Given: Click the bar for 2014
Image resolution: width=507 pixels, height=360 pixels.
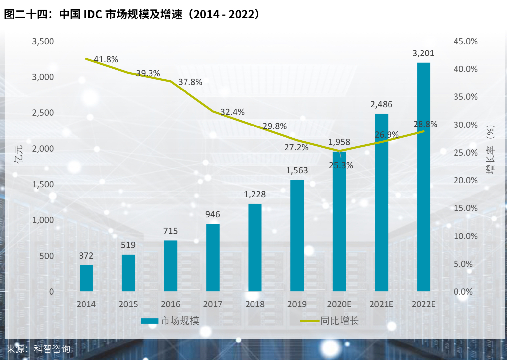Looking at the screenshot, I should click(86, 278).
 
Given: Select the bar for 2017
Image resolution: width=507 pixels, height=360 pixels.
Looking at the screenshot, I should click(213, 258).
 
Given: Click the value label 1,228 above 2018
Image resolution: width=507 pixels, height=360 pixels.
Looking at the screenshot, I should click(255, 194).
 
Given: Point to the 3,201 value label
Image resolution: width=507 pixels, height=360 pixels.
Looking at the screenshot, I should click(423, 53).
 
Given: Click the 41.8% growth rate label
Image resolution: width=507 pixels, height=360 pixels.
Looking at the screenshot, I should click(106, 59).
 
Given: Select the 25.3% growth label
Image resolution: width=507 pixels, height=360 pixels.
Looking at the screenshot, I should click(341, 165).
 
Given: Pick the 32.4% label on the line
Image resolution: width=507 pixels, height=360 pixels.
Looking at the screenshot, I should click(233, 112).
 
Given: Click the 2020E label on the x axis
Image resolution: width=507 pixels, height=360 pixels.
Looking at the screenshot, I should click(339, 304).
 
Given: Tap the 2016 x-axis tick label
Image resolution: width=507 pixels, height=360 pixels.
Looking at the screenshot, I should click(171, 304).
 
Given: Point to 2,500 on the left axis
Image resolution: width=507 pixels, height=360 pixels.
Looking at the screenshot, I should click(43, 113).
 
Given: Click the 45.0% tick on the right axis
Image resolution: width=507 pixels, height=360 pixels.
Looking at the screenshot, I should click(465, 41).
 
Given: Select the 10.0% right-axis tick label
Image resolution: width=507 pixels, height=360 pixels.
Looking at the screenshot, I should click(465, 236).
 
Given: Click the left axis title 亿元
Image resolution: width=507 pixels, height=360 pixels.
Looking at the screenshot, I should click(19, 154).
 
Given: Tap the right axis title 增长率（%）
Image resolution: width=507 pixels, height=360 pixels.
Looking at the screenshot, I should click(490, 149).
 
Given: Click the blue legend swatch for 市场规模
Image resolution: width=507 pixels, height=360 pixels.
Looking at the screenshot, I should click(150, 321).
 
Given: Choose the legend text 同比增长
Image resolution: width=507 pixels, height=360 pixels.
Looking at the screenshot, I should click(340, 321).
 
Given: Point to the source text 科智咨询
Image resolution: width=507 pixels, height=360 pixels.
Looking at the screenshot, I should click(52, 349).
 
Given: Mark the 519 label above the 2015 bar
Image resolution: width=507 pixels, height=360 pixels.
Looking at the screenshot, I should click(128, 245).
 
